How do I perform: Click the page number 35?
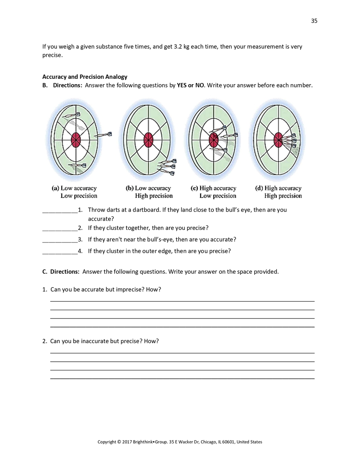(314, 21)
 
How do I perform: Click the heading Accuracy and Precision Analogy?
(85, 77)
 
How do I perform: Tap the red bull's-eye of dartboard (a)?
(76, 140)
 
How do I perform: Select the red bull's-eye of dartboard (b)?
(148, 140)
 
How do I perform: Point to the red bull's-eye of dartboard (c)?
(213, 140)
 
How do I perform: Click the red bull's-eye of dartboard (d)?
(278, 140)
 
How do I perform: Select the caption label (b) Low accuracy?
(148, 188)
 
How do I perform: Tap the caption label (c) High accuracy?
(213, 188)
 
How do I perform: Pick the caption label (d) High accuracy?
(278, 188)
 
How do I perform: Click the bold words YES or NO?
(190, 85)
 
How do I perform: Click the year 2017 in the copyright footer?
(127, 442)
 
